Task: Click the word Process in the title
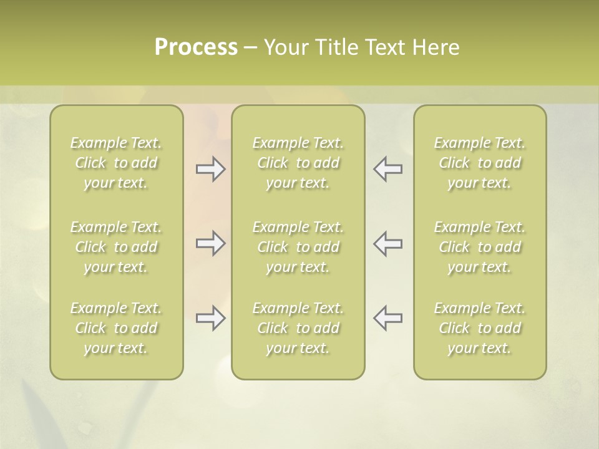[x=196, y=47]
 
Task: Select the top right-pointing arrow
[x=211, y=169]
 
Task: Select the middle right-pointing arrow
[x=211, y=243]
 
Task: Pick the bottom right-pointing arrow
[x=211, y=318]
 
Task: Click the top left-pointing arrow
[x=387, y=169]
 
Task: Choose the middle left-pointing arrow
[x=387, y=243]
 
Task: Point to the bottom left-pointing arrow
[x=387, y=318]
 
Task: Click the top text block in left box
[x=116, y=163]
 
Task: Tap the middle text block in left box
[x=116, y=247]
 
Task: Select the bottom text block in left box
[x=116, y=328]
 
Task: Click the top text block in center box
[x=298, y=163]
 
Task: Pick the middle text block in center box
[x=298, y=247]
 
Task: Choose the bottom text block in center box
[x=298, y=328]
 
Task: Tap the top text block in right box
[x=479, y=163]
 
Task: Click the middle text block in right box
[x=479, y=247]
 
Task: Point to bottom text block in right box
[x=479, y=328]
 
